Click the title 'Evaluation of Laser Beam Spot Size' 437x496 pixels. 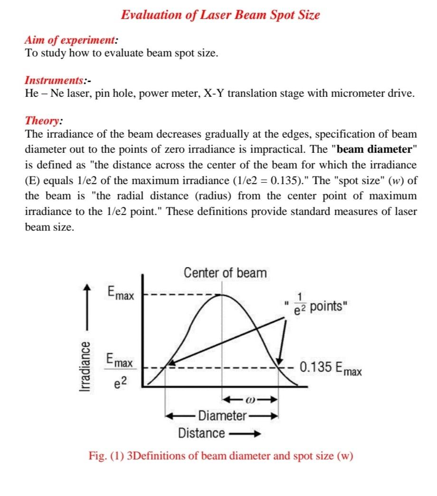(220, 15)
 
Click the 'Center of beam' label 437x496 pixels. (225, 273)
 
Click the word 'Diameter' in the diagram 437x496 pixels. (222, 416)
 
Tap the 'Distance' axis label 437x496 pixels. (201, 433)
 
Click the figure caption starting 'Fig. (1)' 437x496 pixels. (221, 456)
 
